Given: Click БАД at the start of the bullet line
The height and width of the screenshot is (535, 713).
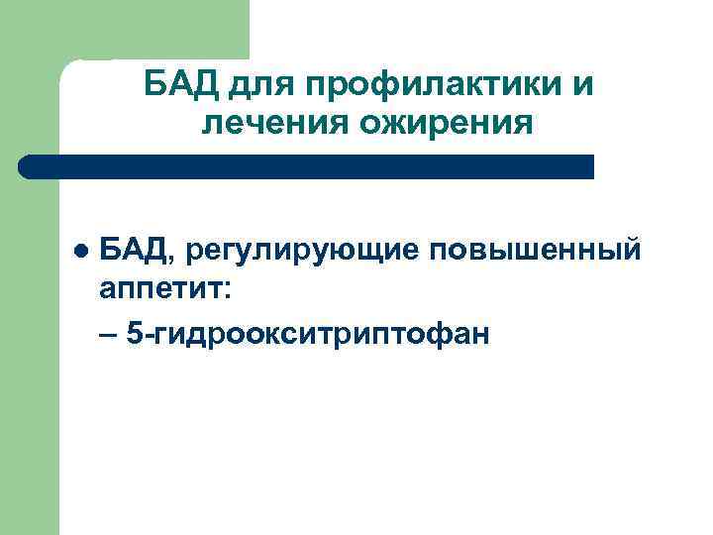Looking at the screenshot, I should [135, 251].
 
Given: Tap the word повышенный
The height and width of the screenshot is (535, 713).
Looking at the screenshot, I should [535, 253].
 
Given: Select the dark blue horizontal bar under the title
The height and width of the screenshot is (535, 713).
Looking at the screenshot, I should [307, 166].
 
